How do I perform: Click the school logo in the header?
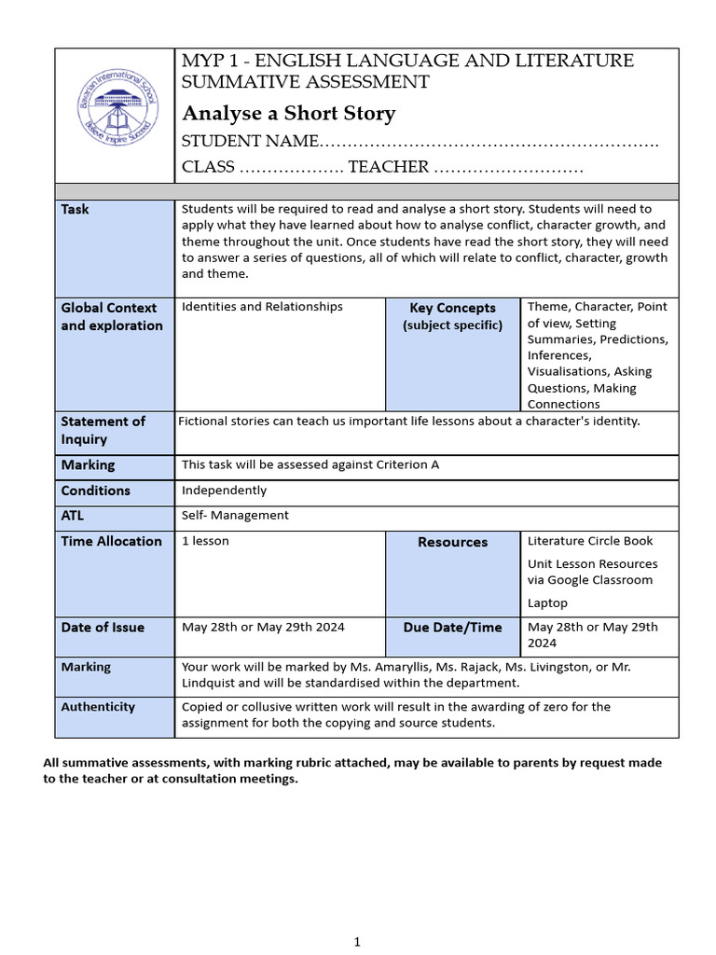pos(115,115)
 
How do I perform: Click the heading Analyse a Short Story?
pos(288,114)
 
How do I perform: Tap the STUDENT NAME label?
pos(250,142)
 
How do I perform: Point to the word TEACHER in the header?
pos(388,167)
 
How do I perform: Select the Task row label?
pos(76,210)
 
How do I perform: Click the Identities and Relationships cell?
pos(262,307)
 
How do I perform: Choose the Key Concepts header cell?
pos(452,308)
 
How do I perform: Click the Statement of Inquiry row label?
pos(103,430)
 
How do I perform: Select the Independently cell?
pos(224,491)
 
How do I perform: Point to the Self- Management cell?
pos(235,515)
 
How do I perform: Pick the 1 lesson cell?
pos(205,541)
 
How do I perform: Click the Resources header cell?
pos(452,542)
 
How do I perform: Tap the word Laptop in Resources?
pos(547,603)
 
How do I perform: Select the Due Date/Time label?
pos(452,628)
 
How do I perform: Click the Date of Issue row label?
pos(103,628)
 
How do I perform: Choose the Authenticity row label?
pos(98,707)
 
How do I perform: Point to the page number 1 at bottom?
pos(357,943)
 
